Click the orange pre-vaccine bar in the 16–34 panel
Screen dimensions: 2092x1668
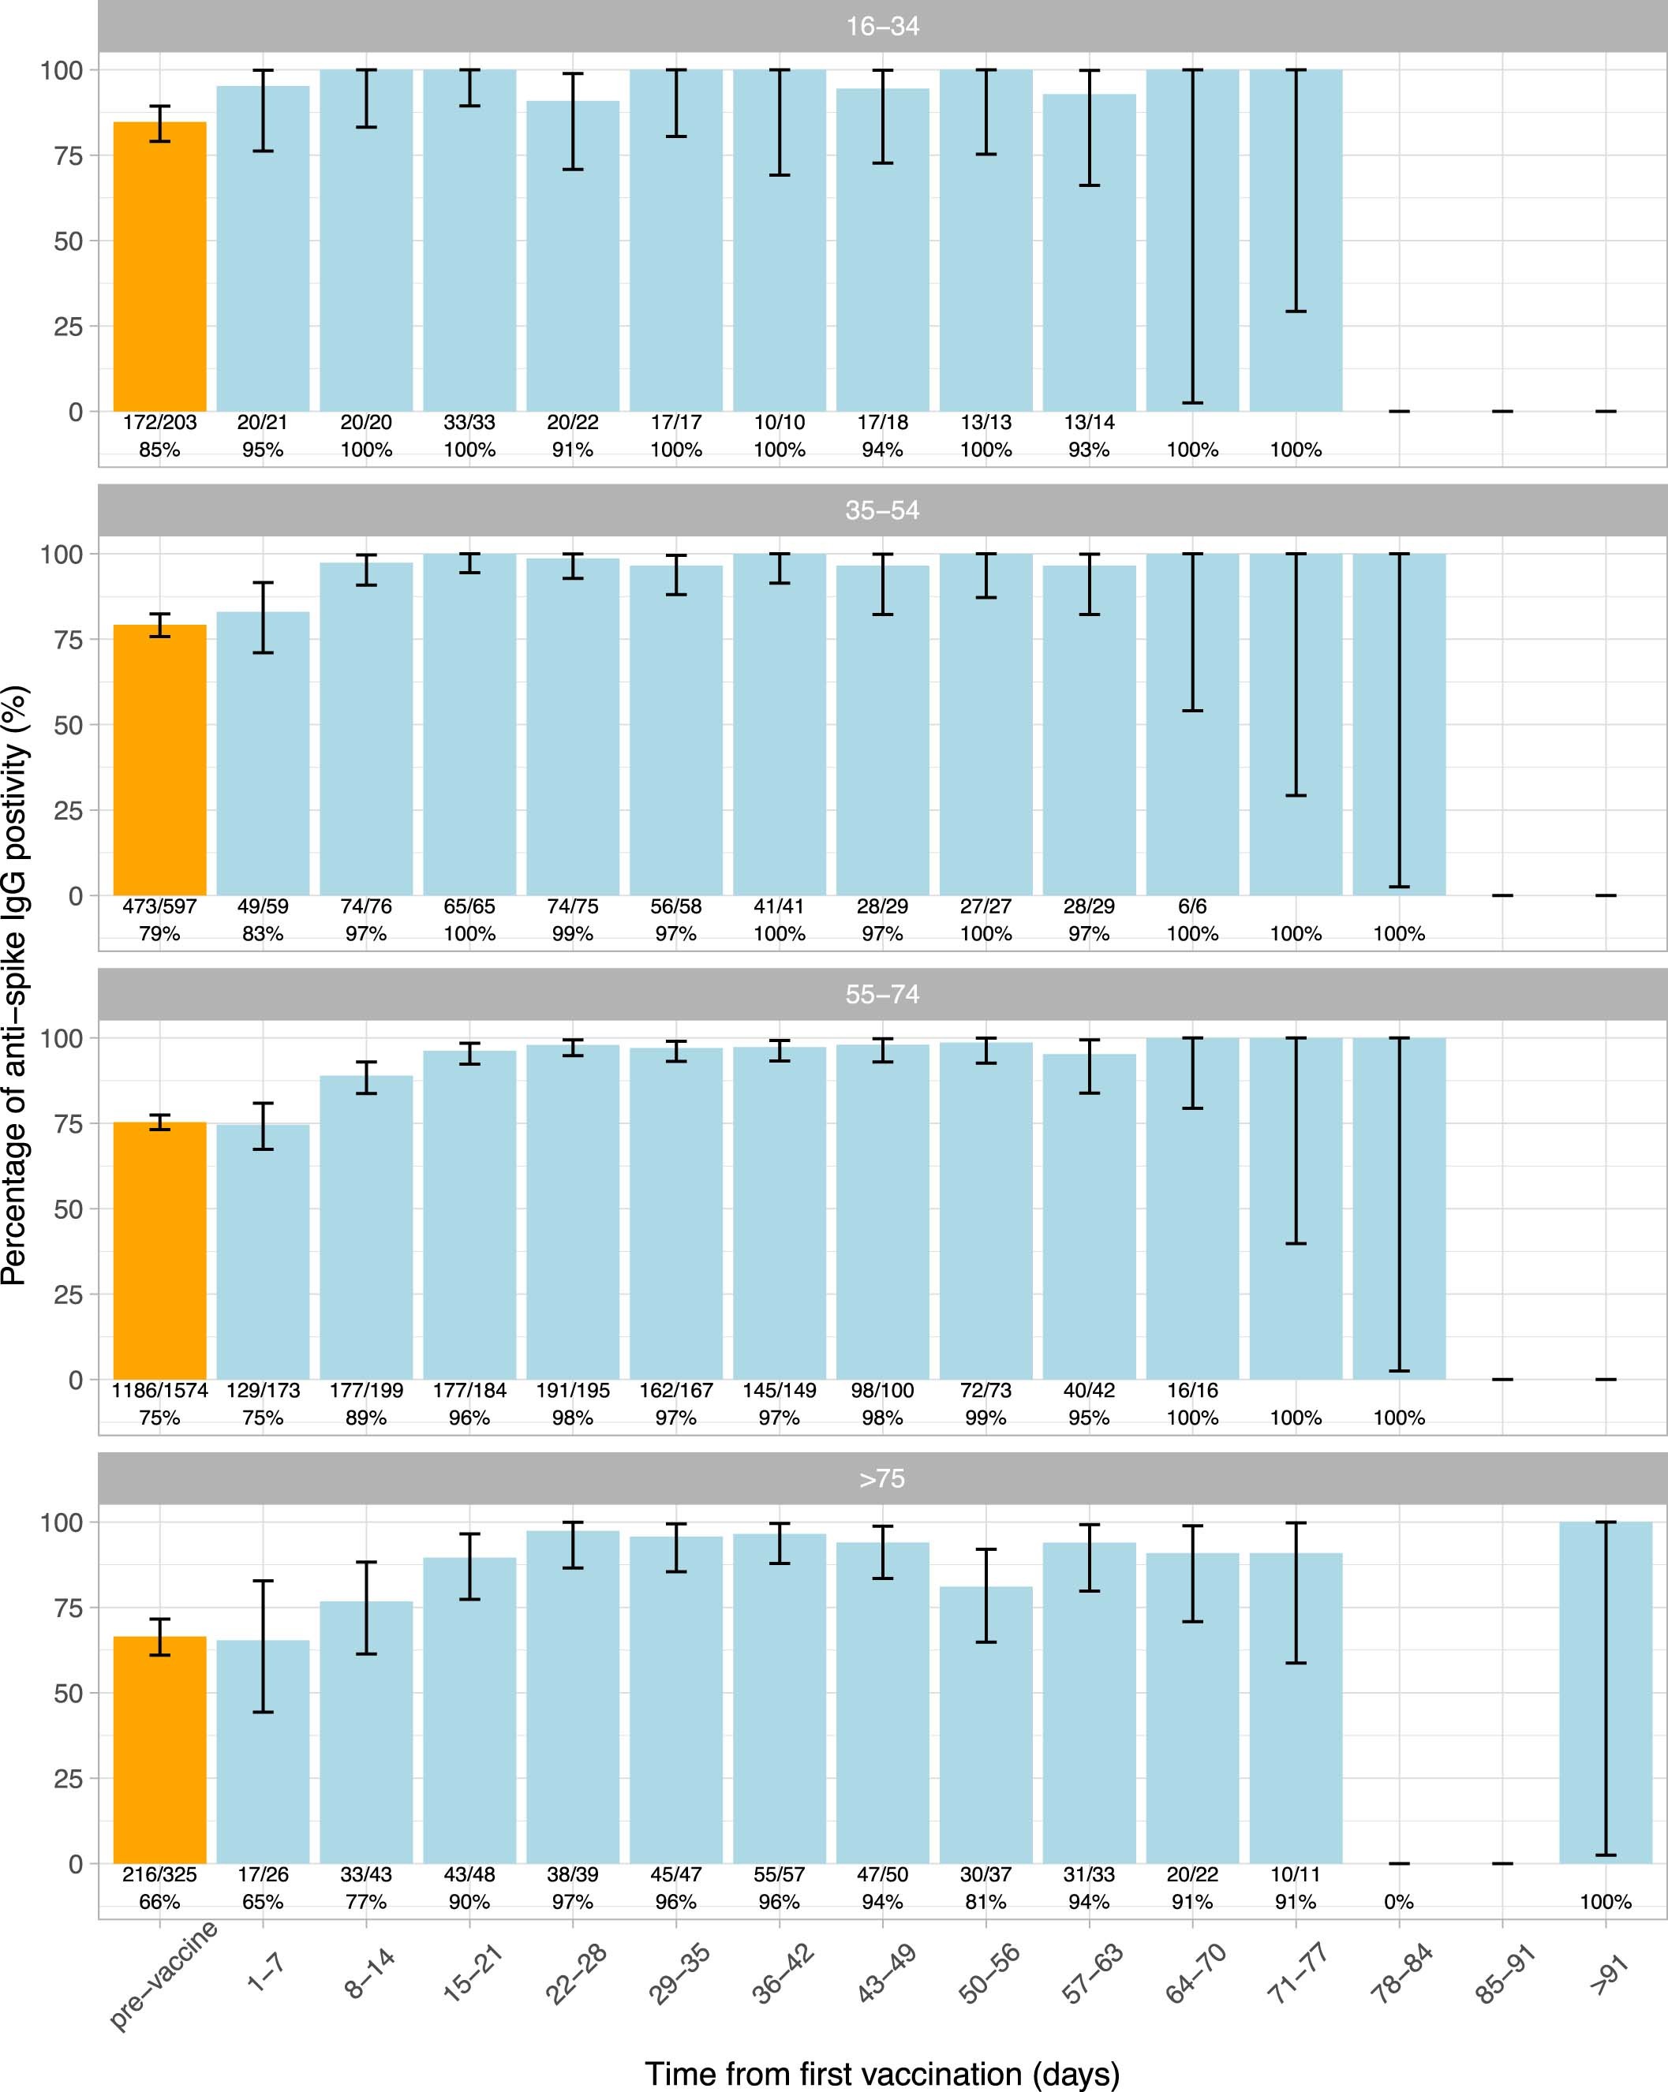click(x=160, y=267)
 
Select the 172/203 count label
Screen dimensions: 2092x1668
click(x=160, y=422)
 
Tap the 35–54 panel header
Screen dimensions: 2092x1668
click(x=882, y=510)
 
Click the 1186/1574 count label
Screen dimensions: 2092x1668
click(x=160, y=1391)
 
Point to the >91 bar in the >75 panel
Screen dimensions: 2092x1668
click(x=1605, y=1693)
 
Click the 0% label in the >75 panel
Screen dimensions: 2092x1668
click(x=1398, y=1902)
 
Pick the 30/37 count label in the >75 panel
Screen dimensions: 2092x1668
click(x=985, y=1874)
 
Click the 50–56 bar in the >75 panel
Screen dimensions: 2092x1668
click(x=985, y=1727)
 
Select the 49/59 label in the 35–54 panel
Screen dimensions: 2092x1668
click(x=263, y=906)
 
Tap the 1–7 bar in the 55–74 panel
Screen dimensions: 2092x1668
click(x=263, y=1252)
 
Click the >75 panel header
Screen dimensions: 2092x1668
click(x=882, y=1479)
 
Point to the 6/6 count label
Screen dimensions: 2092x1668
click(x=1192, y=906)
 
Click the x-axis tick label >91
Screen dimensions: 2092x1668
click(x=1608, y=1970)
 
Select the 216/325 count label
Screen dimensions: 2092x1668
click(x=160, y=1874)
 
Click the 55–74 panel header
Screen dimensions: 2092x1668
click(x=882, y=995)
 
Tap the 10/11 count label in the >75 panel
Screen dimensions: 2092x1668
click(x=1296, y=1874)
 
